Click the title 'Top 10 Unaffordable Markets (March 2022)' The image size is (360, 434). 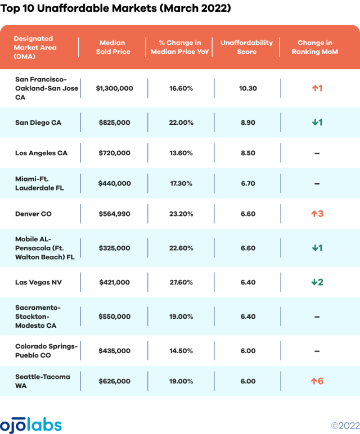(116, 9)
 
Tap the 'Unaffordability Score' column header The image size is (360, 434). (246, 47)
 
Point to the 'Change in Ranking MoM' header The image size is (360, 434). (314, 47)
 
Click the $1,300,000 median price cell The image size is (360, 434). (114, 88)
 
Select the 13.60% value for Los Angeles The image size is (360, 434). (181, 153)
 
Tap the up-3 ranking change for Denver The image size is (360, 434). (317, 214)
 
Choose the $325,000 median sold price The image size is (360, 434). (114, 248)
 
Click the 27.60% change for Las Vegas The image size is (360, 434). (181, 282)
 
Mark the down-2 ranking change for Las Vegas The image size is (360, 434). (317, 282)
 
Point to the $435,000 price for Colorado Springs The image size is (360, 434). (114, 351)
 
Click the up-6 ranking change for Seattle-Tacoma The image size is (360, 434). (317, 381)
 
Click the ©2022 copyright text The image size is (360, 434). (344, 426)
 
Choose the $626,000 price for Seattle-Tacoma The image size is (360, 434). (114, 381)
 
